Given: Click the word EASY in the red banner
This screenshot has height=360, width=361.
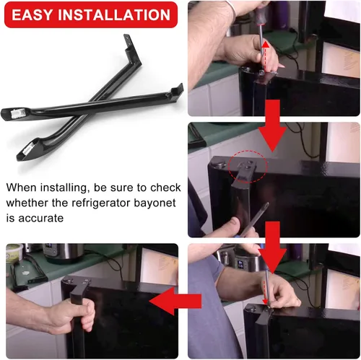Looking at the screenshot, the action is tap(32, 15).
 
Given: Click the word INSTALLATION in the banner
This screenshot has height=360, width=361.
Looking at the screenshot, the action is tap(114, 15).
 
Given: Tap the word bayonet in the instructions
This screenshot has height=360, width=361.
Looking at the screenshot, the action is tap(155, 203).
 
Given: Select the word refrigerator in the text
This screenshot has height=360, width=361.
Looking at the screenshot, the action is tap(101, 203).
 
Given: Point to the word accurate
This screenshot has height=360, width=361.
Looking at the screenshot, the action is tap(41, 219).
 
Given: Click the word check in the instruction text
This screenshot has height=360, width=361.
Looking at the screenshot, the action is tap(165, 188).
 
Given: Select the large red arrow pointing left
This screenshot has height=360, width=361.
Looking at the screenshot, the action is tap(175, 301).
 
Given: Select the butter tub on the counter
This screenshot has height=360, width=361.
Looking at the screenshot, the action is tap(14, 254).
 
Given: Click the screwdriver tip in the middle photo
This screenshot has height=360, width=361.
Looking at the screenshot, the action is tap(266, 205).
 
